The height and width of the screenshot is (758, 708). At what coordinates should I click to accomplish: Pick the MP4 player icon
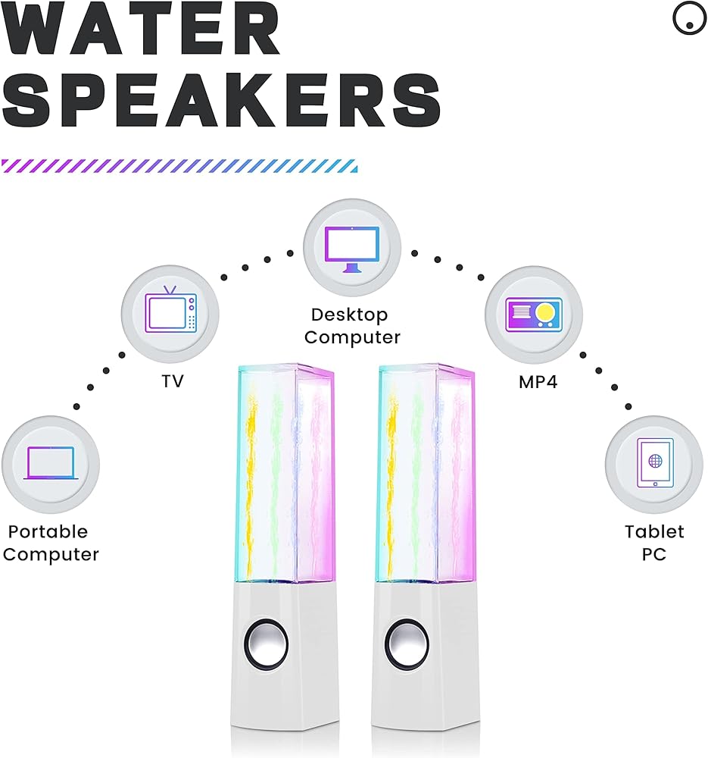[533, 313]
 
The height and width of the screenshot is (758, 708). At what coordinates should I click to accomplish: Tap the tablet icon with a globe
[653, 463]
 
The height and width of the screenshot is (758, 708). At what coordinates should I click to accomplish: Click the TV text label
[172, 381]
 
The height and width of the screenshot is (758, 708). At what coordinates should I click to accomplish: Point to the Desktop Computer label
[351, 326]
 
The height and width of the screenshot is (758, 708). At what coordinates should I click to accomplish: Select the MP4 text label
[538, 382]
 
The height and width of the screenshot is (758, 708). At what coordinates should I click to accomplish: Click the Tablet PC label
[653, 543]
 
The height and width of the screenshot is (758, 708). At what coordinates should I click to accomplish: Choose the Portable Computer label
[51, 543]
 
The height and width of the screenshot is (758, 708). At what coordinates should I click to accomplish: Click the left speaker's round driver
[267, 645]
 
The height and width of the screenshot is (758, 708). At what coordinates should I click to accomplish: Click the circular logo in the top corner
[689, 20]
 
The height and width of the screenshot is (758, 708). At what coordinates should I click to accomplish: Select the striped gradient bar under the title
[179, 166]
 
